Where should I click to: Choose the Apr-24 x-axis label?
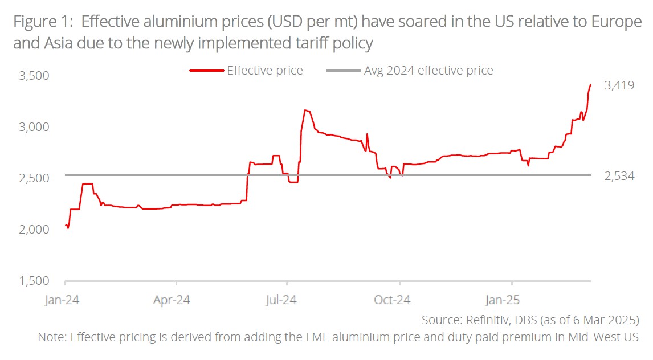pyautogui.click(x=172, y=299)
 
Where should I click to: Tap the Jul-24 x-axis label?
pyautogui.click(x=282, y=299)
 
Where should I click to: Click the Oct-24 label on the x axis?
pyautogui.click(x=393, y=299)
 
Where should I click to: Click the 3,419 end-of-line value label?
pyautogui.click(x=619, y=86)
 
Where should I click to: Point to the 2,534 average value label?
pyautogui.click(x=619, y=176)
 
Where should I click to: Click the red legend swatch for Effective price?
pyautogui.click(x=206, y=71)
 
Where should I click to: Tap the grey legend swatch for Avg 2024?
pyautogui.click(x=343, y=71)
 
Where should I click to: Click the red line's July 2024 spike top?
pyautogui.click(x=306, y=110)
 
